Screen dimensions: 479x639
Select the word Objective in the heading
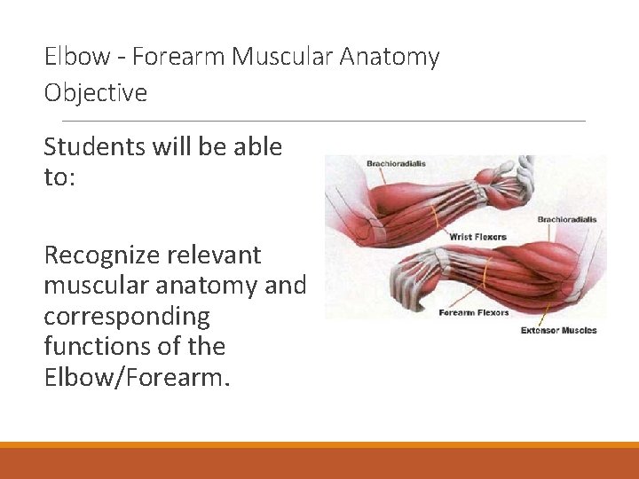pyautogui.click(x=96, y=92)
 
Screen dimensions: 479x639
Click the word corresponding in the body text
pyautogui.click(x=126, y=316)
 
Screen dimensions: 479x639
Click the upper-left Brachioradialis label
pyautogui.click(x=397, y=163)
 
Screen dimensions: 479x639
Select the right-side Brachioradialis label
pyautogui.click(x=567, y=219)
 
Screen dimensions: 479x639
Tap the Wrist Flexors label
pyautogui.click(x=477, y=237)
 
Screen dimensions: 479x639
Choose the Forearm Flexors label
pyautogui.click(x=474, y=312)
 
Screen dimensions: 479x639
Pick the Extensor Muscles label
pyautogui.click(x=558, y=331)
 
